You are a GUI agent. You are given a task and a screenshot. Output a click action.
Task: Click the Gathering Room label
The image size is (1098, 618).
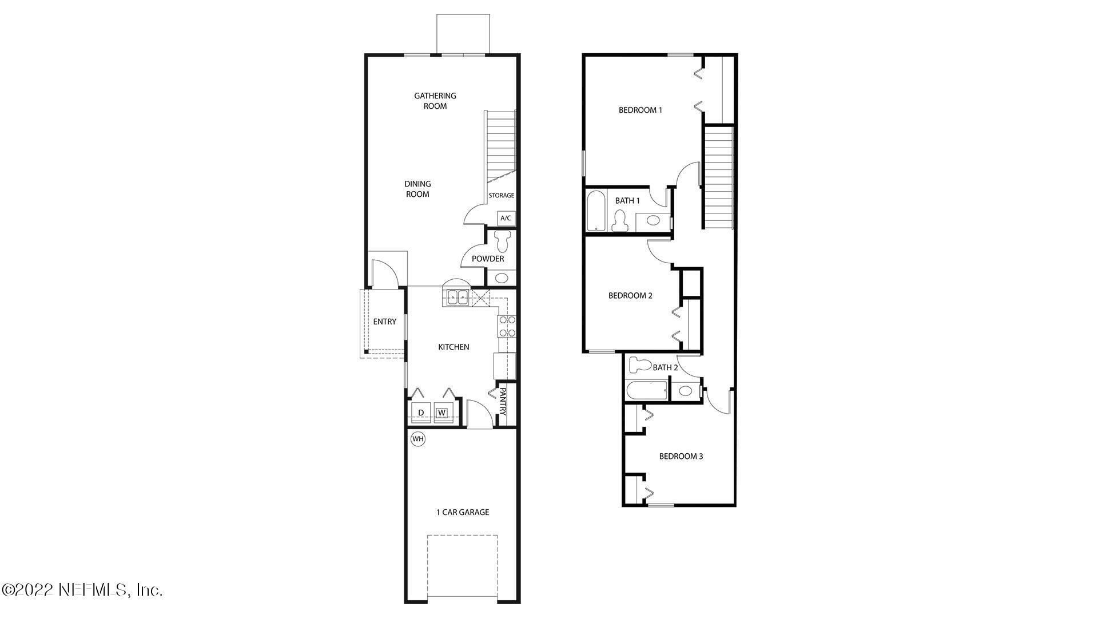[435, 101]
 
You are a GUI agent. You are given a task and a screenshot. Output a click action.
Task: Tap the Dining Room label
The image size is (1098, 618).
[417, 189]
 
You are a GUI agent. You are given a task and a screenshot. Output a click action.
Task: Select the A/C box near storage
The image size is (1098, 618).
[506, 218]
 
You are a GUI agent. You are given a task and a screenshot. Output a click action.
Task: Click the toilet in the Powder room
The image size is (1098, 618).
[503, 241]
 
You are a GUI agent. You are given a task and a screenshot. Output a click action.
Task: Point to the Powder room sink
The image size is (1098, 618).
[502, 279]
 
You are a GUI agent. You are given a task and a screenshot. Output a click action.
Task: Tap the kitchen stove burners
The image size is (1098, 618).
[507, 326]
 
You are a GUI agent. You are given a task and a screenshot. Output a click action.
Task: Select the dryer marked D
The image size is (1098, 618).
[421, 413]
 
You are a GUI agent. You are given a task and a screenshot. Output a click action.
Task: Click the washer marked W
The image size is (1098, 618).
[441, 413]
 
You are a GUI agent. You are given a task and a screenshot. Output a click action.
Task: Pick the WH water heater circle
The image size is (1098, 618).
[418, 439]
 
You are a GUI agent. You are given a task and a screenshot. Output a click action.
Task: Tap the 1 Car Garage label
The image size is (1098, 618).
[463, 512]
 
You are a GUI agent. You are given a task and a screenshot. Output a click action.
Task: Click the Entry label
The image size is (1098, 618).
[384, 322]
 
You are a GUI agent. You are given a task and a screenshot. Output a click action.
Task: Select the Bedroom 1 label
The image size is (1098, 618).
[640, 110]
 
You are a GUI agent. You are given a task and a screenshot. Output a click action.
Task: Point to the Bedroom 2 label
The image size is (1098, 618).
[630, 296]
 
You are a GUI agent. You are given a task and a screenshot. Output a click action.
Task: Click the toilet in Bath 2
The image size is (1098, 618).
[639, 365]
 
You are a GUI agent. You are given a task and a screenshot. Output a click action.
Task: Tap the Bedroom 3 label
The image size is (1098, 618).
[681, 456]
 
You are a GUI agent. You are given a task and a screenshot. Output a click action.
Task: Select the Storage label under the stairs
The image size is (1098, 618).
[501, 196]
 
